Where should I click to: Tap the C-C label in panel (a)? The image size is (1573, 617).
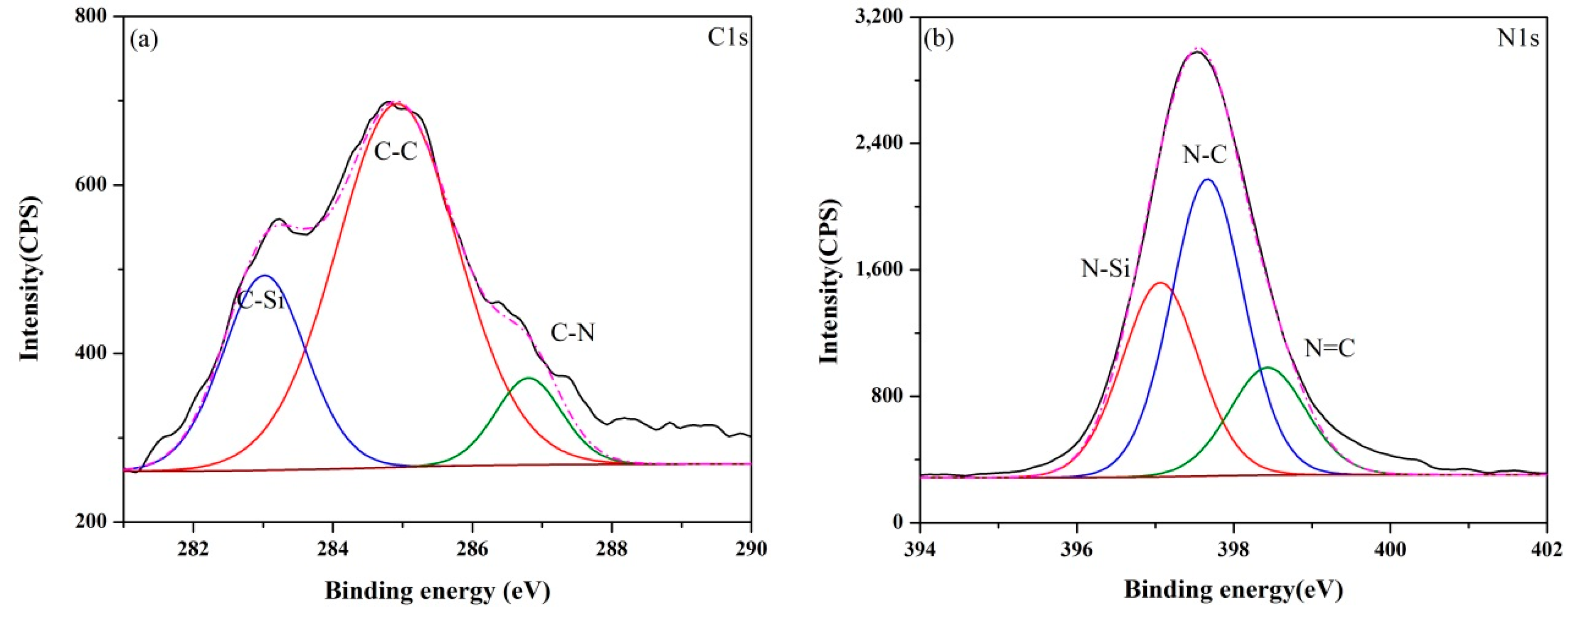396,152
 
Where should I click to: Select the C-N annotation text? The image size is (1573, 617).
572,333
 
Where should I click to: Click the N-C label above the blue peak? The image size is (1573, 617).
1204,156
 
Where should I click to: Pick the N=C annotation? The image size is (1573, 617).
1329,348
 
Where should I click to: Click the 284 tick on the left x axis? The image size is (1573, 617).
332,549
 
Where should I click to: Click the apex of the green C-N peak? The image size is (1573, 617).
529,378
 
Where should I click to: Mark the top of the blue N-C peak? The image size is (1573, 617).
1207,179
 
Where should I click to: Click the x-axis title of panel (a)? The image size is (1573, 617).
437,591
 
